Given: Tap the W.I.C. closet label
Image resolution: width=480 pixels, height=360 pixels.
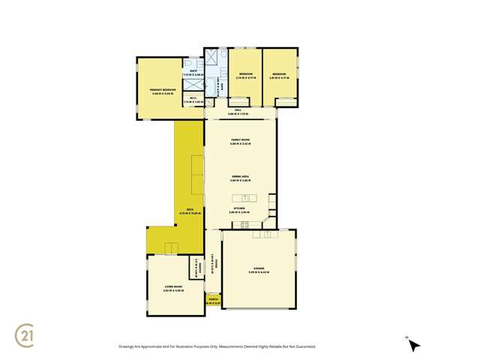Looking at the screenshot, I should click(193, 100).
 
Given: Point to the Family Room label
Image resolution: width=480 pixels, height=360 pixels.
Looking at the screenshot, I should click(240, 141).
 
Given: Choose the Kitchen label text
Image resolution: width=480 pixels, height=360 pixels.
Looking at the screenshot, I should click(240, 209).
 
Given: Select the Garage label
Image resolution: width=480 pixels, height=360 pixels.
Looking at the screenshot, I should click(259, 270).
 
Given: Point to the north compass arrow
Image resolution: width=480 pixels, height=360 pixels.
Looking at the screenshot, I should click(414, 345).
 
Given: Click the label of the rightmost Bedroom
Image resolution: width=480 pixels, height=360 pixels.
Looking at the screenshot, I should click(279, 74).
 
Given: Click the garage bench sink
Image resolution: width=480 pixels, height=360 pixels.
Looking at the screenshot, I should click(265, 235).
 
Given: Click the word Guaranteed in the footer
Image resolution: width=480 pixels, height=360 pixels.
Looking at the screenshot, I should click(301, 346).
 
